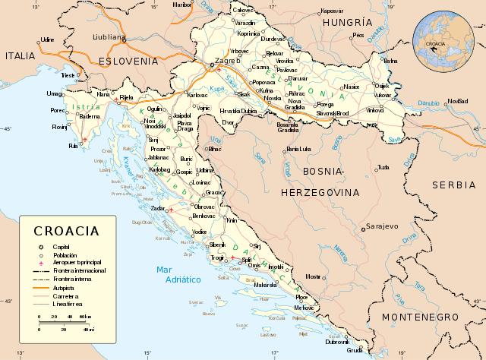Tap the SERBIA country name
point(453,185)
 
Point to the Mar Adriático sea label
point(177,275)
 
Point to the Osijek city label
point(381,86)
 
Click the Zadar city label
point(158,207)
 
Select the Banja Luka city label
point(299,150)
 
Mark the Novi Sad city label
point(458,100)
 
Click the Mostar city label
point(313,276)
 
